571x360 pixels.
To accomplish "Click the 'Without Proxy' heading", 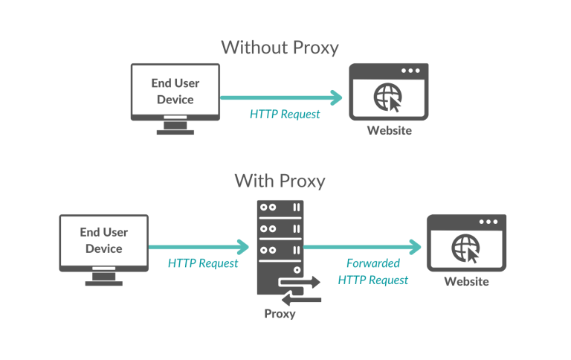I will tap(280, 47).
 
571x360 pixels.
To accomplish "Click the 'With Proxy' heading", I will tap(280, 180).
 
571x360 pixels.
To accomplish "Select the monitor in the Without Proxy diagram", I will tap(175, 93).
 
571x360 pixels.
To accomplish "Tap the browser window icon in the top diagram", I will tap(389, 92).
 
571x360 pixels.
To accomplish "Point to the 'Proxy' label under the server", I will tap(280, 313).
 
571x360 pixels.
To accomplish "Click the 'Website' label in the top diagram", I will tap(389, 131).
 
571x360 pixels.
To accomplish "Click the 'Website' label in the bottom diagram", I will tap(466, 281).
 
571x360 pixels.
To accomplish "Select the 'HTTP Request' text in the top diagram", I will tap(285, 114).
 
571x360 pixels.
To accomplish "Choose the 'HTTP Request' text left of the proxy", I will tap(203, 263).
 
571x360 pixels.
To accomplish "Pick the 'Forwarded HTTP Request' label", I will tap(372, 271).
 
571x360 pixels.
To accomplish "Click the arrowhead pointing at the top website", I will tap(337, 97).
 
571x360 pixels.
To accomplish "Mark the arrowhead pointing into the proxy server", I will tap(242, 247).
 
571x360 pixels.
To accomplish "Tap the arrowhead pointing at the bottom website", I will tap(414, 247).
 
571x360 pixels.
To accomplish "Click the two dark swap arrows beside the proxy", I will tap(300, 291).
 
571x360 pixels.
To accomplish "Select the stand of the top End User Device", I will tap(175, 128).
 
